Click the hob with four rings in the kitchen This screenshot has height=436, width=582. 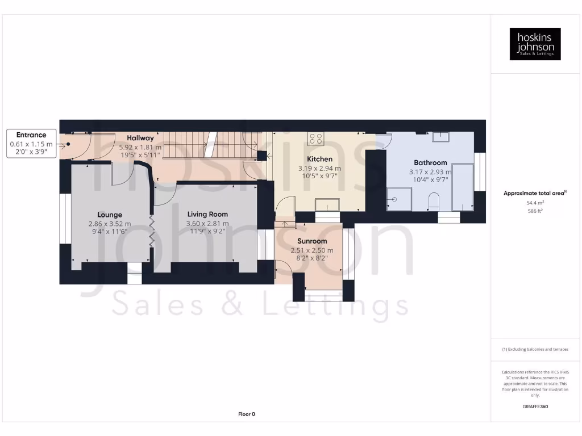coord(315,139)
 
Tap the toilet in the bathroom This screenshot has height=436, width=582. coord(433,200)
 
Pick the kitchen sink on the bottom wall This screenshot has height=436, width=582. coord(327,204)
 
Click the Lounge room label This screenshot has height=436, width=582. coord(110,215)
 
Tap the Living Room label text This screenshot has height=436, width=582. coord(207,214)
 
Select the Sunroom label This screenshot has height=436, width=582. coord(312,241)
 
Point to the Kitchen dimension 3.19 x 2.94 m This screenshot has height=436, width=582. coord(319,169)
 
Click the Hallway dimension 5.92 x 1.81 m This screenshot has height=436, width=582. coord(140,146)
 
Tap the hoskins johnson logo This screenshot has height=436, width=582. coord(535,44)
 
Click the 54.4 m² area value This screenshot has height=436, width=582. coord(535,202)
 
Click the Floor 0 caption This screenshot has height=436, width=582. coord(246,414)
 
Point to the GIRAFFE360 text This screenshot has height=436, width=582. coord(535,406)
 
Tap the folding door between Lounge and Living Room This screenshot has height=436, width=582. coord(152,231)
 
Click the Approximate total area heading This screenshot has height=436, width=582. coord(535,193)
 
